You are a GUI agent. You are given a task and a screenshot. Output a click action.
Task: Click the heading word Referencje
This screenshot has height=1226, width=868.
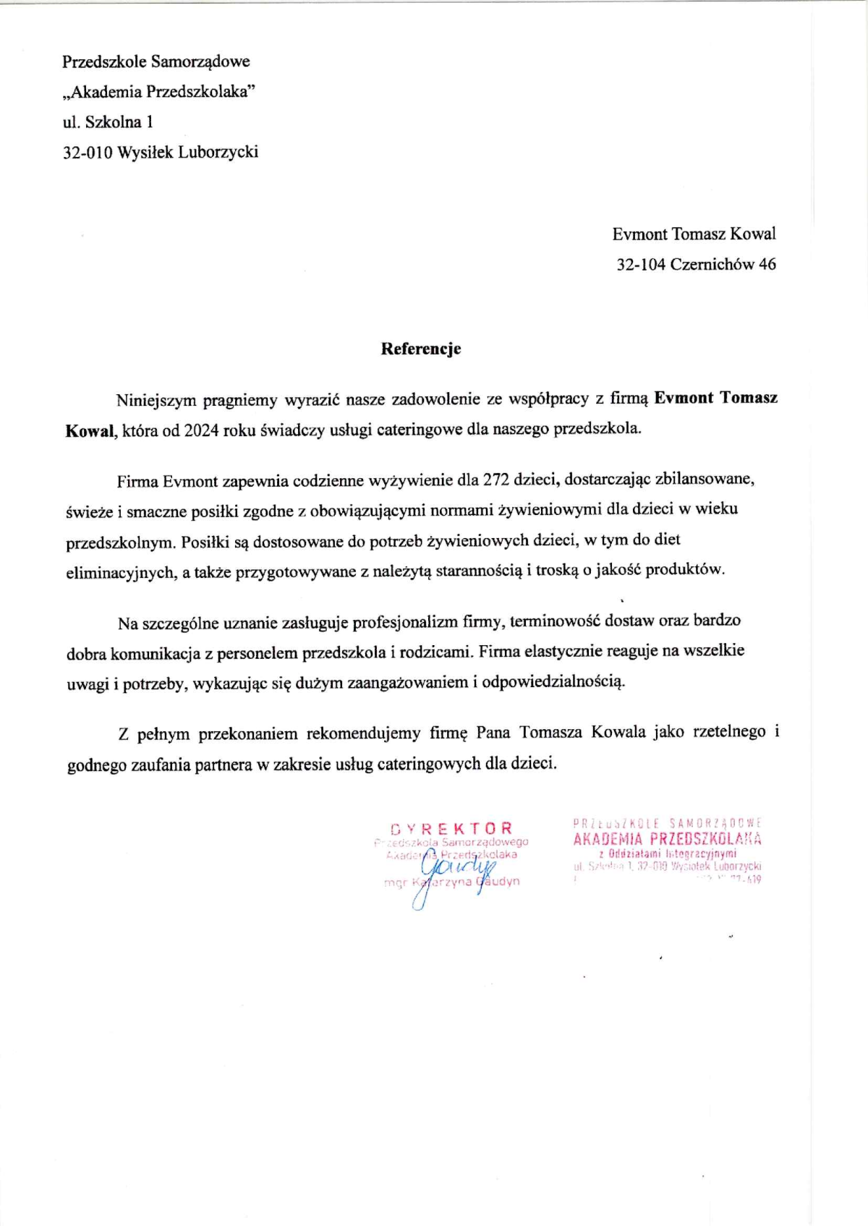click(x=421, y=349)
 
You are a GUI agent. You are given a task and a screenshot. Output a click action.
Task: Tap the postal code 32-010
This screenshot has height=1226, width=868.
click(x=88, y=153)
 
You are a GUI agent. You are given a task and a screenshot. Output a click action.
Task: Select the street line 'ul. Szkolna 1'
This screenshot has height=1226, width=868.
click(x=108, y=122)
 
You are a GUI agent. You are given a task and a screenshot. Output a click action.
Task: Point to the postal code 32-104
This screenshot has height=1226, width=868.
click(x=640, y=265)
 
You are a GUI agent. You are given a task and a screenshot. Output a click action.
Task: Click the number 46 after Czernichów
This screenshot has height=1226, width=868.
click(x=767, y=265)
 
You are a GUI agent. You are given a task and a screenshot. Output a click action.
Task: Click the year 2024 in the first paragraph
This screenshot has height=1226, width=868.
click(x=201, y=430)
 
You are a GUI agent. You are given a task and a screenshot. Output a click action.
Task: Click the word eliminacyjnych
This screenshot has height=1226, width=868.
click(x=119, y=573)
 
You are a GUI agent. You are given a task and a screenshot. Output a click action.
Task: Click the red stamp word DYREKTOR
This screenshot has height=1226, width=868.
click(x=451, y=829)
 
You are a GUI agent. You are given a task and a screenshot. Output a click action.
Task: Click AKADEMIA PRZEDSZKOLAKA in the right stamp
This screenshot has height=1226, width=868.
click(x=667, y=840)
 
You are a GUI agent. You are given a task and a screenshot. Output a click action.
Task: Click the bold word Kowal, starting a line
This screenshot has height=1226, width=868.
click(x=90, y=431)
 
